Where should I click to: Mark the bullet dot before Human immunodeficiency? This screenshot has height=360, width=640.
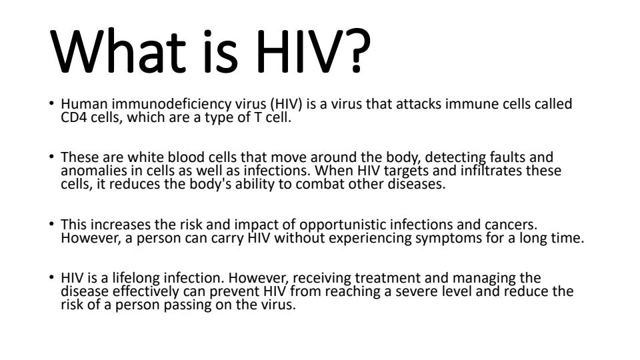pyautogui.click(x=51, y=103)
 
